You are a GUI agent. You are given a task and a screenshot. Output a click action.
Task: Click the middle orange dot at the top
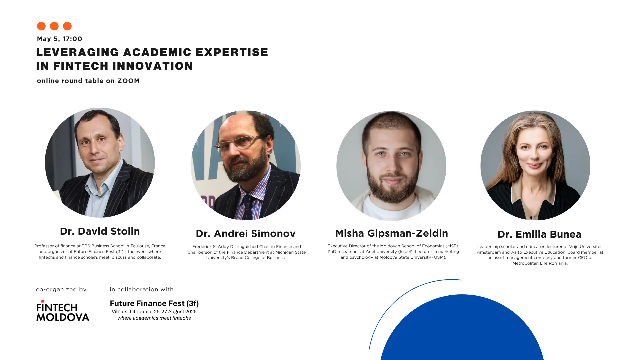[54, 26]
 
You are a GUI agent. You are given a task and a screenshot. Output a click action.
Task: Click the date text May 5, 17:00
[60, 39]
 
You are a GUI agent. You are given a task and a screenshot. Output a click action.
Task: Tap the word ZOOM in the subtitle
[128, 81]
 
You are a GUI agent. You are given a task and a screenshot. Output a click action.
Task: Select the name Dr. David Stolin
[100, 231]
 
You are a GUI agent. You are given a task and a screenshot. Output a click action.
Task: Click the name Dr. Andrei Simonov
[246, 234]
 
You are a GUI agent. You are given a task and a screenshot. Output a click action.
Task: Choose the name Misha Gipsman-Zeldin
[392, 233]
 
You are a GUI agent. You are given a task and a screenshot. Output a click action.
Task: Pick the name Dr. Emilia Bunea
[539, 234]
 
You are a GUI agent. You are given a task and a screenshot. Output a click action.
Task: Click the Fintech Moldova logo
[63, 311]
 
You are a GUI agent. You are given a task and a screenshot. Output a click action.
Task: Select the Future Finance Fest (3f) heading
[154, 303]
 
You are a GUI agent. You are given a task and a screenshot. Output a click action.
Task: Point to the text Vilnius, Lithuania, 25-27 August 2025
[154, 312]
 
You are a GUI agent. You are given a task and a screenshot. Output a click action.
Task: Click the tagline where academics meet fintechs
[154, 318]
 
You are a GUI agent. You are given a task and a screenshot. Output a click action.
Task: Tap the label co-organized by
[61, 290]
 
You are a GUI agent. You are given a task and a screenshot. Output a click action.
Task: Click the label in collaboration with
[142, 289]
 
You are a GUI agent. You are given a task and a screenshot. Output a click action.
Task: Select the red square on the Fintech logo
[43, 301]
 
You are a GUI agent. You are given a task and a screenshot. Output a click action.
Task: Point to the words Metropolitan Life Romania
[540, 263]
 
